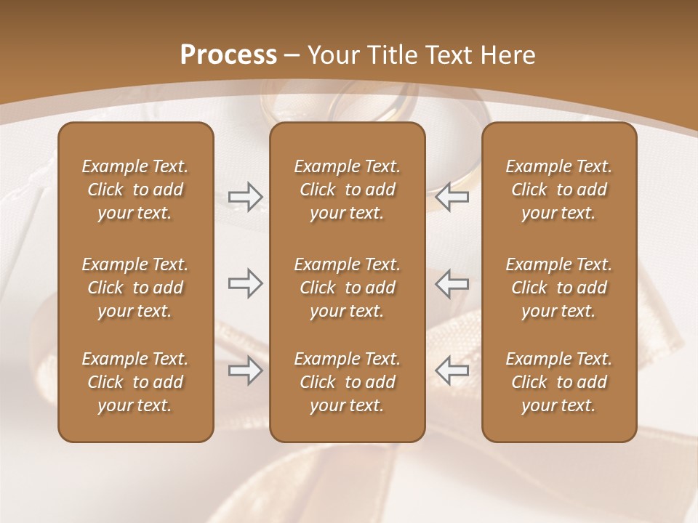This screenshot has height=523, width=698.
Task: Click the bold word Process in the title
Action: pyautogui.click(x=228, y=55)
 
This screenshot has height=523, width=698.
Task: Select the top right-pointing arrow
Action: pyautogui.click(x=245, y=197)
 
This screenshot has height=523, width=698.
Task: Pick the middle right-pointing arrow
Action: pyautogui.click(x=245, y=283)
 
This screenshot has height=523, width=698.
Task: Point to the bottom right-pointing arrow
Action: pyautogui.click(x=245, y=371)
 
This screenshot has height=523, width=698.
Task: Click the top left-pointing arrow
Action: pyautogui.click(x=452, y=197)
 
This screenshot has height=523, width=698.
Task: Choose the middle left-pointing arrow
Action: pyautogui.click(x=452, y=283)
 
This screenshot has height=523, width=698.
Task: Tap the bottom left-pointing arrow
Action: pyautogui.click(x=452, y=371)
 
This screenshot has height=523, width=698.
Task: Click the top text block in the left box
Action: pyautogui.click(x=135, y=190)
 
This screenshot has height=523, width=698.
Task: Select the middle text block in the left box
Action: pyautogui.click(x=135, y=288)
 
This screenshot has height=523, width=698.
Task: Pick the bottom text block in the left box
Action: pyautogui.click(x=135, y=382)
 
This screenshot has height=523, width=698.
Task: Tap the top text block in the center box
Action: pyautogui.click(x=347, y=190)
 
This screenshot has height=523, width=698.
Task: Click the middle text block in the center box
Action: pyautogui.click(x=347, y=288)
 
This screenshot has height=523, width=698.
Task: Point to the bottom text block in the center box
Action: pyautogui.click(x=347, y=382)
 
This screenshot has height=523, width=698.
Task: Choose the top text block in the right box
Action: pyautogui.click(x=559, y=190)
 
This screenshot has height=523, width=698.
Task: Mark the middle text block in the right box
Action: pyautogui.click(x=559, y=288)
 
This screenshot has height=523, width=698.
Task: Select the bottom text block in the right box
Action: pyautogui.click(x=559, y=382)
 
